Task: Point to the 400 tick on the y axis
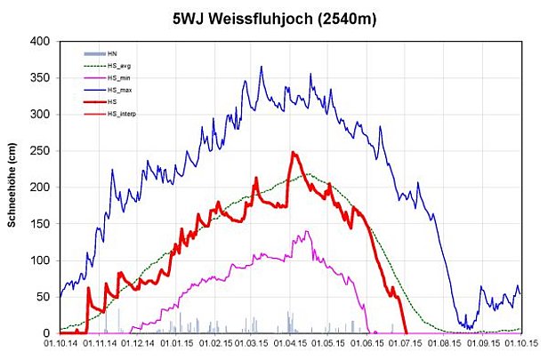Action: coord(40,42)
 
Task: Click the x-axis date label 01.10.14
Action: coord(60,345)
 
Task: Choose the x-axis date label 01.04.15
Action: coord(290,345)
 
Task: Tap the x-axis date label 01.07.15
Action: coord(406,345)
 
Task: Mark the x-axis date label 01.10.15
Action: coord(521,345)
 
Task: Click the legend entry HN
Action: coord(112,54)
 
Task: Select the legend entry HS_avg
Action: coord(119,66)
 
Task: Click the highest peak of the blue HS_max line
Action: coord(262,66)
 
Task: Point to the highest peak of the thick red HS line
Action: coord(293,152)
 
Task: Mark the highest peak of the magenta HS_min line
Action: coord(307,231)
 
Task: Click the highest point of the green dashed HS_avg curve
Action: coord(308,174)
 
